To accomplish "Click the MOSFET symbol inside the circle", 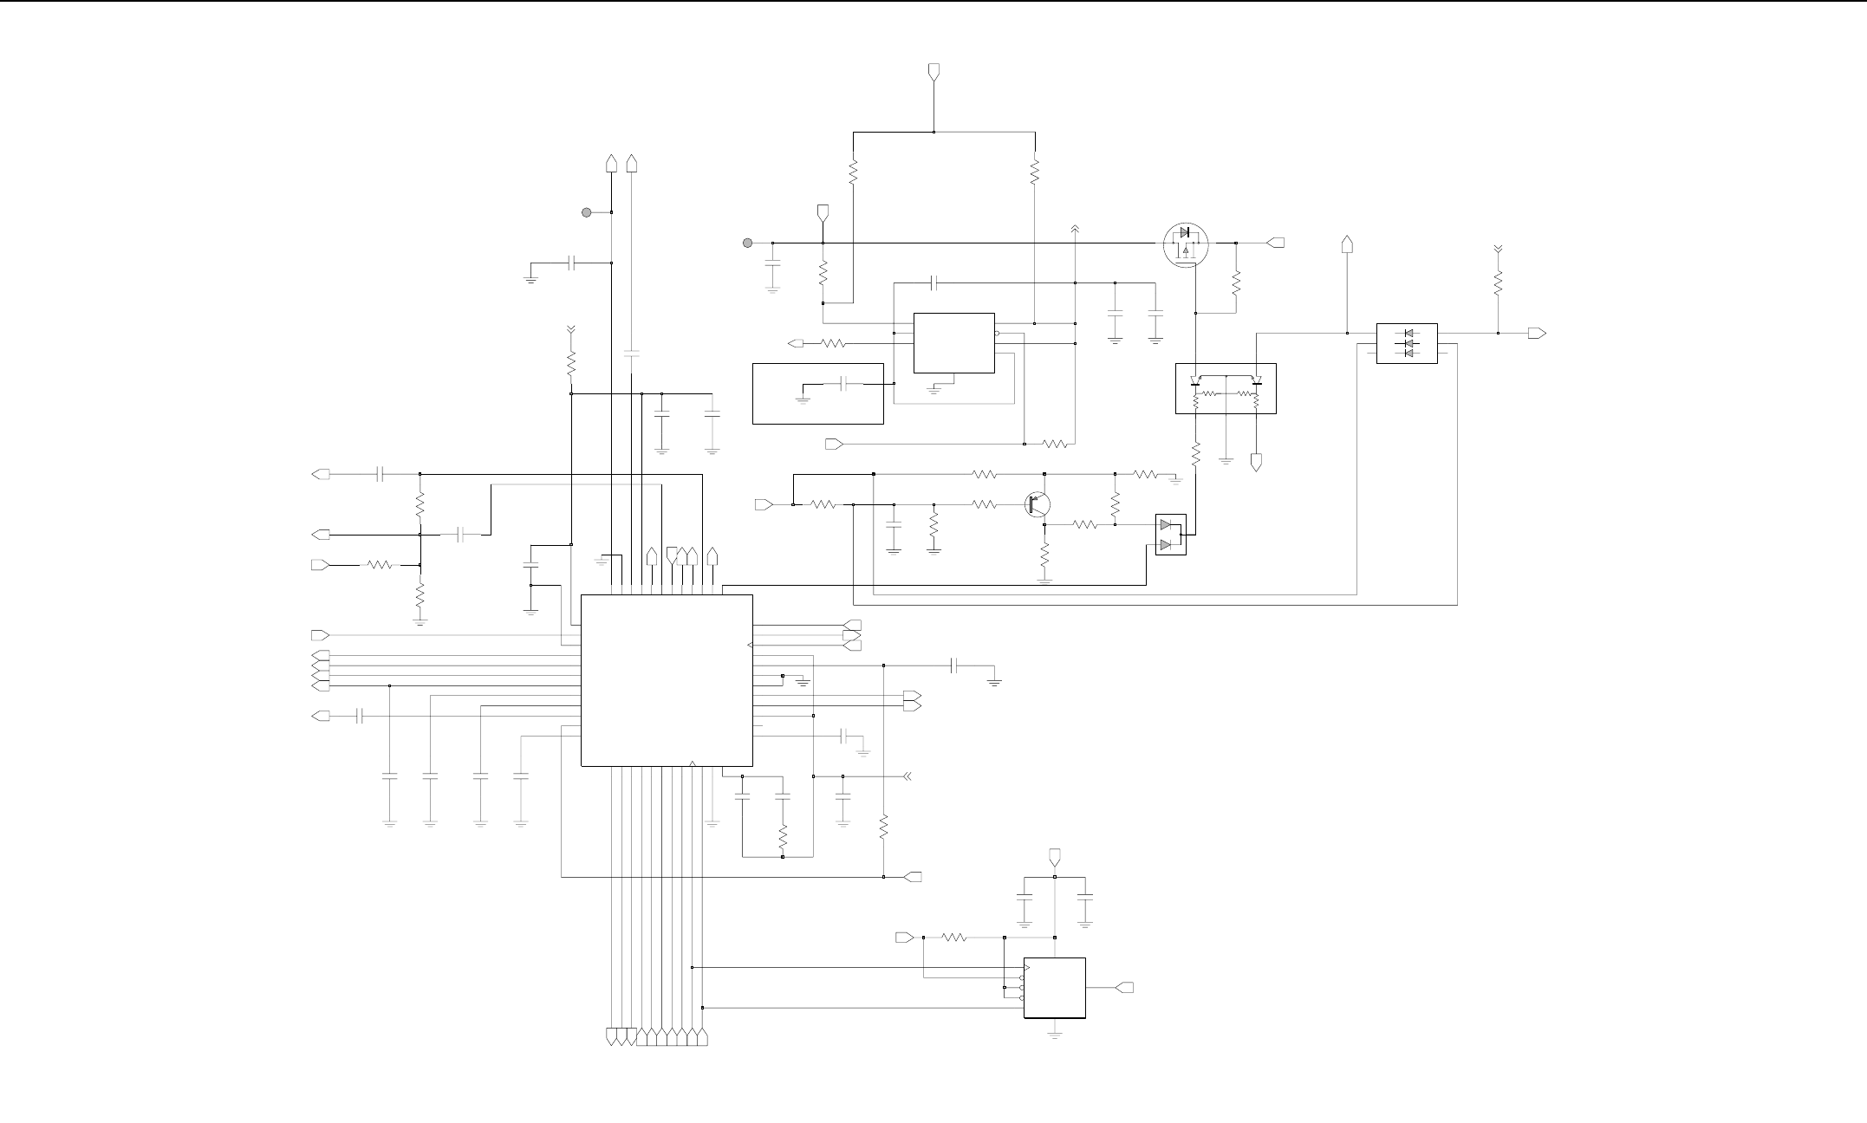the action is click(1185, 244).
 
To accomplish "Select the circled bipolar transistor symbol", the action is click(1038, 504).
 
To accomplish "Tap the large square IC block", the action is click(667, 680).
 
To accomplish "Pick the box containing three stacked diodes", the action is click(1407, 344).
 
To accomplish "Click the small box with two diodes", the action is click(1170, 535).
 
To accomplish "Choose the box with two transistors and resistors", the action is click(1226, 388).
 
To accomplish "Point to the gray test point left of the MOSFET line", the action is click(747, 243).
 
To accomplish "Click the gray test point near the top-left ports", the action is click(586, 212).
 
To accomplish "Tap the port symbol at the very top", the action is click(933, 71).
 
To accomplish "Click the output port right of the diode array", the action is click(1538, 333).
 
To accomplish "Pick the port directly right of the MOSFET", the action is click(1276, 243).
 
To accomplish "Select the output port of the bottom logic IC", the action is click(1124, 988).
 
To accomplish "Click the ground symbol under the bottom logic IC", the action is click(1055, 1034).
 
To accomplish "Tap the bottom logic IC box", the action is click(1055, 988).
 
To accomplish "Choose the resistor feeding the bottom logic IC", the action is click(954, 937).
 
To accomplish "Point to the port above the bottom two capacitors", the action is click(1054, 857).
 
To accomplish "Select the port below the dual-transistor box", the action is click(1257, 462).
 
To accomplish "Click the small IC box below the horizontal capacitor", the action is click(954, 343).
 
